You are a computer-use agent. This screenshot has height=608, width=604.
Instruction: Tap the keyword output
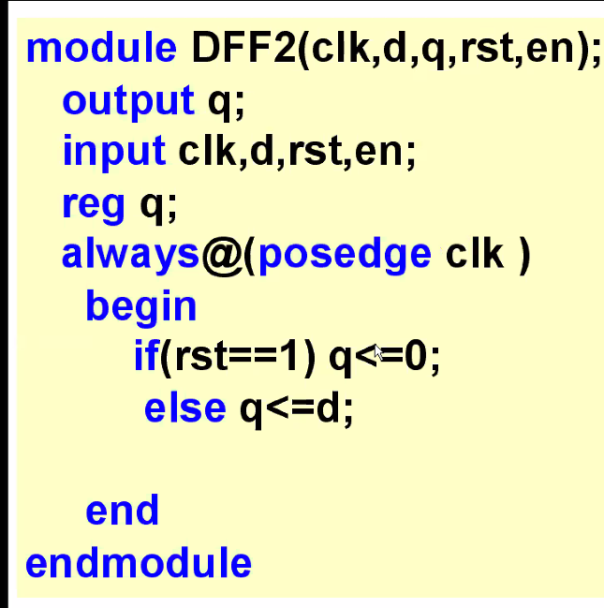pos(128,100)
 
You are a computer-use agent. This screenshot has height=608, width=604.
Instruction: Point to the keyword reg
pos(93,203)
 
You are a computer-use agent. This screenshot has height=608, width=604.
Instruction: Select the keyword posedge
pos(344,255)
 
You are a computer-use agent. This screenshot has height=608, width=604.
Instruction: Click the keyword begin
pos(140,306)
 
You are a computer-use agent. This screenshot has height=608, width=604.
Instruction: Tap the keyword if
pos(145,357)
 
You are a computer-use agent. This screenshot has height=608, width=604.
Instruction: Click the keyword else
pos(184,408)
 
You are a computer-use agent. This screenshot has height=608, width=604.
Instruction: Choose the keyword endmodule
pos(139,563)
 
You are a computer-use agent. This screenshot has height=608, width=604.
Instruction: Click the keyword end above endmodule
pos(122,512)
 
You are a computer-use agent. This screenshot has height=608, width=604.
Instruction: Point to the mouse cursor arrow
pos(377,352)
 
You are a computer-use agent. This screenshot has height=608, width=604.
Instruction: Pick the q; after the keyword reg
pos(158,203)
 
